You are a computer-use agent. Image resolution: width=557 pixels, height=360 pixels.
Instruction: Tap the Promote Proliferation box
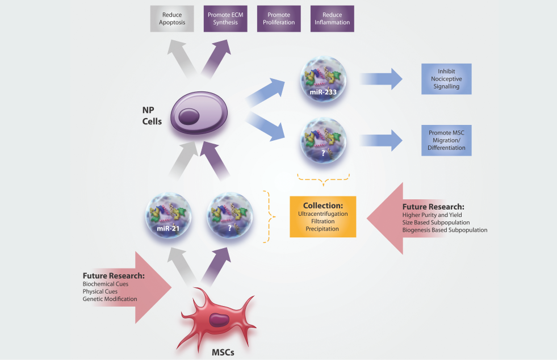[278, 19]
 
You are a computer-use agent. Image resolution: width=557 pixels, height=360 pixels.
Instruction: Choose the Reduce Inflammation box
[332, 19]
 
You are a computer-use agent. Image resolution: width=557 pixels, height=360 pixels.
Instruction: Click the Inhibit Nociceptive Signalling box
[446, 78]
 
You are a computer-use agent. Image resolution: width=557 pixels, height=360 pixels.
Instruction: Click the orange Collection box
[323, 216]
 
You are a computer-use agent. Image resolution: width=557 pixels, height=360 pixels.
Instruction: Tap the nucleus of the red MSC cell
[217, 320]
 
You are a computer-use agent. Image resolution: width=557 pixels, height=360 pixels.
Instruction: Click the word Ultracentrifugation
[323, 214]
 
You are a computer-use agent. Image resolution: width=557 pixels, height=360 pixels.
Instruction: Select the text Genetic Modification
[110, 299]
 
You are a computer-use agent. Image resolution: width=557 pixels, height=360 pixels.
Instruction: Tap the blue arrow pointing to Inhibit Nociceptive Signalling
[380, 79]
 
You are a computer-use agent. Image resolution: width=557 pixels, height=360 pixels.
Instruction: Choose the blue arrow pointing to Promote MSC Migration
[380, 141]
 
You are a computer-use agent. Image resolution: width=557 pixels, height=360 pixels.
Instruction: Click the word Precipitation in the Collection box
[323, 229]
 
